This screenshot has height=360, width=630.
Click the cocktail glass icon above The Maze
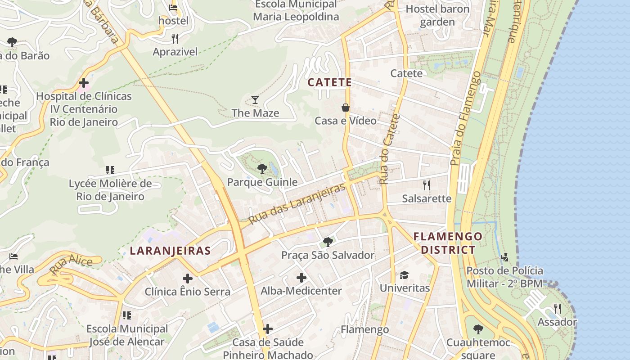(255, 99)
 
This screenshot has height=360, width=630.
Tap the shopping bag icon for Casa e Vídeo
(346, 108)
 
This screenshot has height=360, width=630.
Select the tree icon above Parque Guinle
(262, 169)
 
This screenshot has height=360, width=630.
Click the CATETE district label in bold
(329, 82)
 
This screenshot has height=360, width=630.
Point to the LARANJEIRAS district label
(170, 251)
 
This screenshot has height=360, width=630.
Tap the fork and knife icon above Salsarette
(426, 185)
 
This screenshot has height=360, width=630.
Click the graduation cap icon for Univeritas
(404, 275)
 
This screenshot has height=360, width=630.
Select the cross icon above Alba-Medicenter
(301, 278)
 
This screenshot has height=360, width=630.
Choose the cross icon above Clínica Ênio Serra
(187, 279)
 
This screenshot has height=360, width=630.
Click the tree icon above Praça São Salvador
(328, 242)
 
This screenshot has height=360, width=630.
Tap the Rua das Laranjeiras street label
(297, 203)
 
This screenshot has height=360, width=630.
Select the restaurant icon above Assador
(557, 309)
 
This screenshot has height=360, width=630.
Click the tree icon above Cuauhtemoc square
(478, 329)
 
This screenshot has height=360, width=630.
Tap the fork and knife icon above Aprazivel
(175, 39)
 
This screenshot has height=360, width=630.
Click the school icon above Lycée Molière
(110, 170)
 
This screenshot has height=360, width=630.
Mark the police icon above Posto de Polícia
(504, 257)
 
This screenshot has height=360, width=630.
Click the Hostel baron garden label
(437, 15)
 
